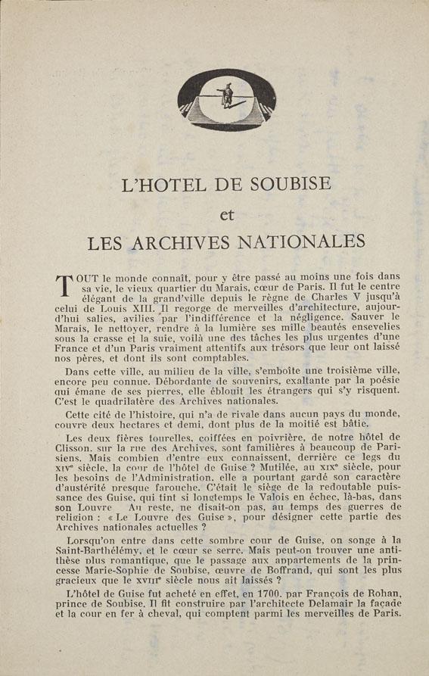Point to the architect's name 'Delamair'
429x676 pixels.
tap(309, 612)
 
